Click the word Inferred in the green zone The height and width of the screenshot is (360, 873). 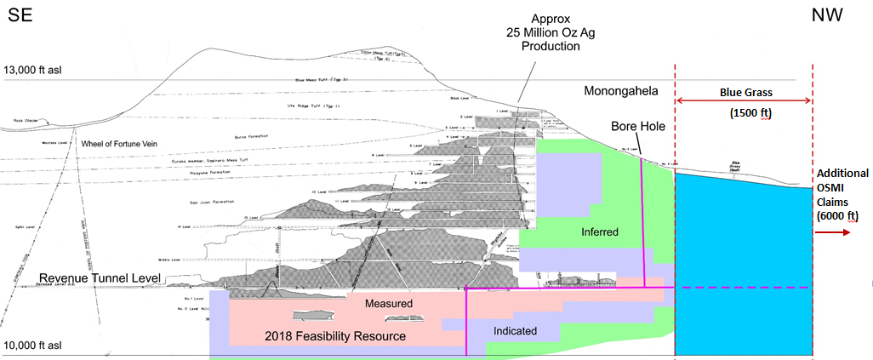coord(599,231)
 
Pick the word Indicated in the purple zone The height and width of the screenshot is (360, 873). coord(515,330)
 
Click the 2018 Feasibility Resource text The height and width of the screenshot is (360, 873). coord(335,337)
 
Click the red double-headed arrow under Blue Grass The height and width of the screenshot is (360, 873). coord(744,101)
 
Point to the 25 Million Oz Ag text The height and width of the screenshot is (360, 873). coord(551,32)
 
